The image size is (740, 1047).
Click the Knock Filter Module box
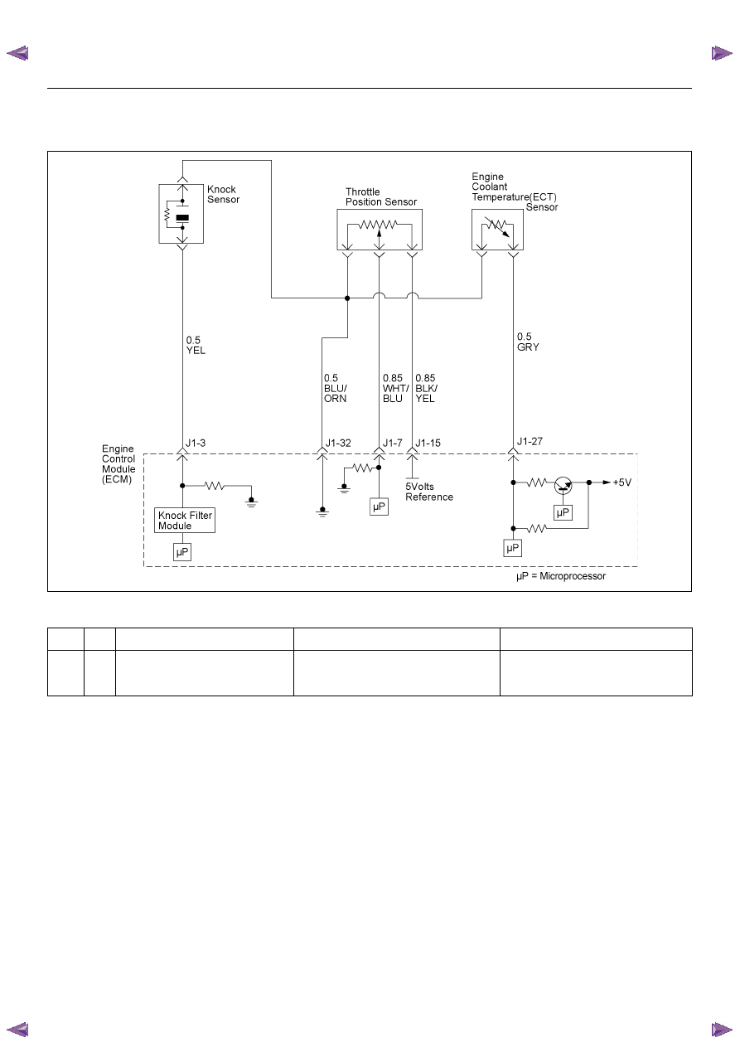pos(185,520)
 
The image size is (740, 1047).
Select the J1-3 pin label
pos(196,443)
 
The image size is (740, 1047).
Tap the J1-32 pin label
pos(338,443)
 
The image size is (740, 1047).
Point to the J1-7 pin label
pos(393,443)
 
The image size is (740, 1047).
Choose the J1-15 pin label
pos(428,443)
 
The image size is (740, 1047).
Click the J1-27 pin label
pos(530,441)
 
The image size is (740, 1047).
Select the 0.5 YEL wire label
pos(196,345)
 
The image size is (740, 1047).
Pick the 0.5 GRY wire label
pos(528,342)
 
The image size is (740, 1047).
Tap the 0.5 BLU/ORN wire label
pos(336,388)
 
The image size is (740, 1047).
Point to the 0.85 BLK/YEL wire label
pos(427,388)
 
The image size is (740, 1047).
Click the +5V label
pos(622,482)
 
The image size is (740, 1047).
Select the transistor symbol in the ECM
pos(563,485)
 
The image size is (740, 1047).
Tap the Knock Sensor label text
pos(223,195)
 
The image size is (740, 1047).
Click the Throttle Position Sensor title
pos(381,196)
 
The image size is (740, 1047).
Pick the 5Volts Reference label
pos(429,492)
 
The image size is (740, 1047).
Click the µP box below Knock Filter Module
pos(182,552)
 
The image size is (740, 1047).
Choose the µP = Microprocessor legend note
pos(561,576)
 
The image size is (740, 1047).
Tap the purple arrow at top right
pos(722,53)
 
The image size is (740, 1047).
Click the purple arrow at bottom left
pos(17,1030)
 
